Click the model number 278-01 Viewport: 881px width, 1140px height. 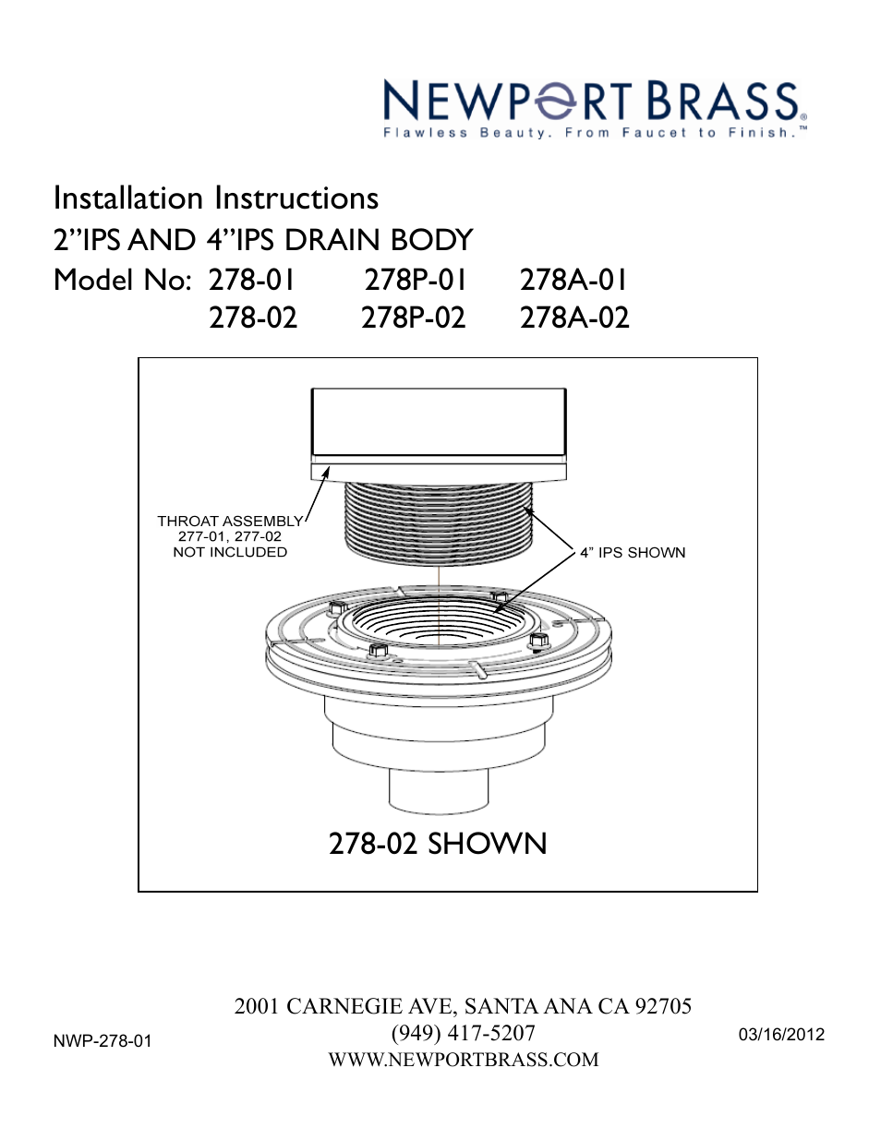point(252,280)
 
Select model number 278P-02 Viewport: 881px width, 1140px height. point(413,318)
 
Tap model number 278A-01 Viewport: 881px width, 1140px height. point(573,280)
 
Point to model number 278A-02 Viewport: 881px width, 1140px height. point(574,318)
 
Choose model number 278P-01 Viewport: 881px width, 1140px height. point(415,280)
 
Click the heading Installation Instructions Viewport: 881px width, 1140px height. point(216,198)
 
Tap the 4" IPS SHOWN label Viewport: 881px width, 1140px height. point(633,552)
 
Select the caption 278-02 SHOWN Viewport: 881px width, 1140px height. point(438,844)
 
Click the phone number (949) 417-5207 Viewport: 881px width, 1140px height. point(463,1033)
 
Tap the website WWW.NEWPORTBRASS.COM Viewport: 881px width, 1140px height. point(463,1060)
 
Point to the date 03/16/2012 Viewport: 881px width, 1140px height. point(781,1035)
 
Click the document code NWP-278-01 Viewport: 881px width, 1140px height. point(103,1041)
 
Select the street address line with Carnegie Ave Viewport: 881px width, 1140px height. point(463,1006)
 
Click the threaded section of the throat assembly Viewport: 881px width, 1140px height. point(438,522)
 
